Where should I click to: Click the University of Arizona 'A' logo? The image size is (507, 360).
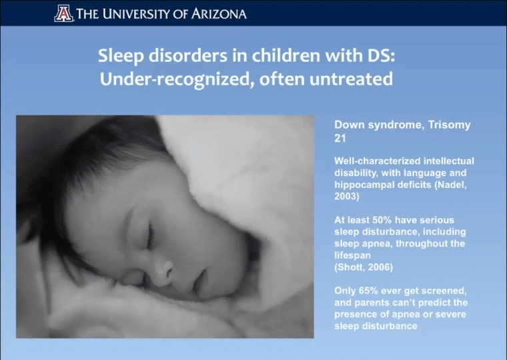pyautogui.click(x=63, y=13)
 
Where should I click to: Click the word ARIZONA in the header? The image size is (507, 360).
pyautogui.click(x=219, y=14)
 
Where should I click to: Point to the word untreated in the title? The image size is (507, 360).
pyautogui.click(x=351, y=79)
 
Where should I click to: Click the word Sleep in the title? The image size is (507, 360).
pyautogui.click(x=121, y=56)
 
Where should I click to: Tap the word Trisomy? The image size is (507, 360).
pyautogui.click(x=450, y=125)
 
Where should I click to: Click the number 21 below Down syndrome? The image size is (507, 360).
pyautogui.click(x=340, y=138)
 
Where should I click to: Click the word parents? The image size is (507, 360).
pyautogui.click(x=368, y=303)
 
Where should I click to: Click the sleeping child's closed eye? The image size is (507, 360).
pyautogui.click(x=149, y=236)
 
